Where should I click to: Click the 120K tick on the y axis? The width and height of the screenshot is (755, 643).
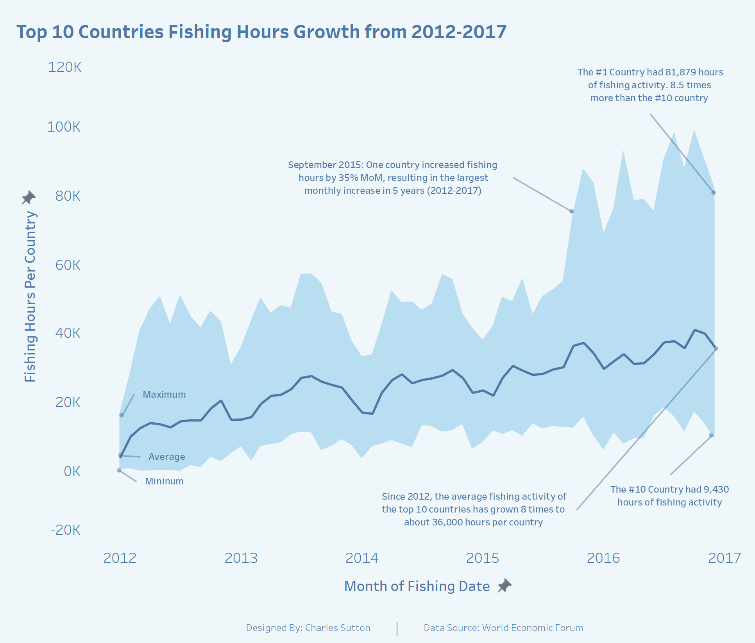point(64,67)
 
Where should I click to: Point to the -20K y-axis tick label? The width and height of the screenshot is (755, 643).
point(65,530)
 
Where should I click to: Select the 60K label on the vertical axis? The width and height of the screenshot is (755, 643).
point(68,265)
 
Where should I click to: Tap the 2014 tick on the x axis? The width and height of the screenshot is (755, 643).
point(361,558)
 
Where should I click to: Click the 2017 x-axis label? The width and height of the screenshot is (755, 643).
point(724,558)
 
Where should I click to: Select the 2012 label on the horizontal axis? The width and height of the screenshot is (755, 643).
point(120,558)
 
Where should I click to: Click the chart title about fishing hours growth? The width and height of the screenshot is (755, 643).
point(261,32)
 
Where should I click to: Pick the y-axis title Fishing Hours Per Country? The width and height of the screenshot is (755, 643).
point(30,297)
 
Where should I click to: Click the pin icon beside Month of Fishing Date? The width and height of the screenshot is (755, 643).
point(505,586)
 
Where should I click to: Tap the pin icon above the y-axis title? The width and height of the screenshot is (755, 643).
point(28,198)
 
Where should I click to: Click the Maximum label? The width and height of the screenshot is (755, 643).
point(164,395)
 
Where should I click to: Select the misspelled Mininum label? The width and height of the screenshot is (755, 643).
point(164,481)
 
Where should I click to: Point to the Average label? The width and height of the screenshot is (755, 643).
point(167,457)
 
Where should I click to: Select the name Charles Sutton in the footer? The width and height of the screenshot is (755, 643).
point(337,628)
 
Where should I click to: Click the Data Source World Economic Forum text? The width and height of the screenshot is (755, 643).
point(503,628)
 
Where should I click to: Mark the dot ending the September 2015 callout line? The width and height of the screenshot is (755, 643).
point(572,211)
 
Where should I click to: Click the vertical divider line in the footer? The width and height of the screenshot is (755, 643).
point(397,629)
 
